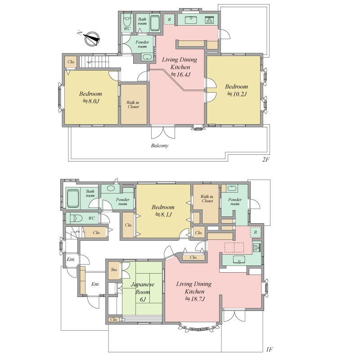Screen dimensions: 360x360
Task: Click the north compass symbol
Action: coord(92,39)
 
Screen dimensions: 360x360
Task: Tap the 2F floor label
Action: coord(265,159)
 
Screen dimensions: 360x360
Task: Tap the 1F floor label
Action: coord(269,350)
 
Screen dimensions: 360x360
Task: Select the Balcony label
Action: coord(160,145)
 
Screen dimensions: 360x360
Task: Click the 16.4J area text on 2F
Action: coord(181,74)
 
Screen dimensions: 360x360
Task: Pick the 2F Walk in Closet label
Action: coord(133,105)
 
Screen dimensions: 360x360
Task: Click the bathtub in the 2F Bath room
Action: coord(155,23)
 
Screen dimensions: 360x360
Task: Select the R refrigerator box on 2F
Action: coord(170,19)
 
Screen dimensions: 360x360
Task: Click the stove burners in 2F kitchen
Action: coord(209,20)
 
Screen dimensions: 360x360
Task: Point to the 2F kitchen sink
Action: coord(190,20)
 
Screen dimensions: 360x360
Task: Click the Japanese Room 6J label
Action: coord(143,292)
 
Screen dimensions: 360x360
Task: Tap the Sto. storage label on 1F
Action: coord(114,270)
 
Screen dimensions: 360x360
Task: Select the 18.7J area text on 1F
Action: coord(195,299)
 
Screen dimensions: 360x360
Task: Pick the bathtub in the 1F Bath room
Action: coord(73,198)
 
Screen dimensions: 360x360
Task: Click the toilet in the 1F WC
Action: coord(76,218)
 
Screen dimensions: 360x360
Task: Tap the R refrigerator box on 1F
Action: coord(256,232)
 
